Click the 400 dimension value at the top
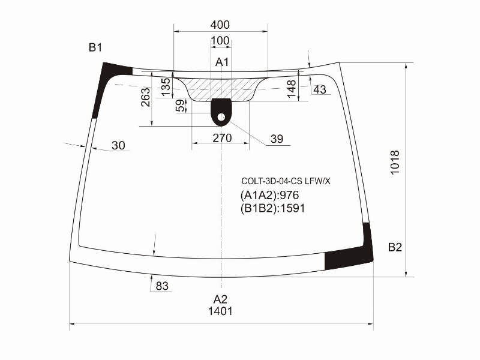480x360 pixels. click(220, 25)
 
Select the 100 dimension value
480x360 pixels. click(220, 41)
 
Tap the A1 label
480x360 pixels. click(222, 62)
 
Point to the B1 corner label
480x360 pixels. click(95, 47)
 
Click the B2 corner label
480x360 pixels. click(395, 247)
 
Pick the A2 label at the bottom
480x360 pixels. click(220, 299)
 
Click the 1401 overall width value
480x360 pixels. click(220, 311)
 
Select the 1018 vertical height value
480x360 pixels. click(395, 162)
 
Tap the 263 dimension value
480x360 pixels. click(146, 97)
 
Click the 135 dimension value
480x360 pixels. click(166, 87)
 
